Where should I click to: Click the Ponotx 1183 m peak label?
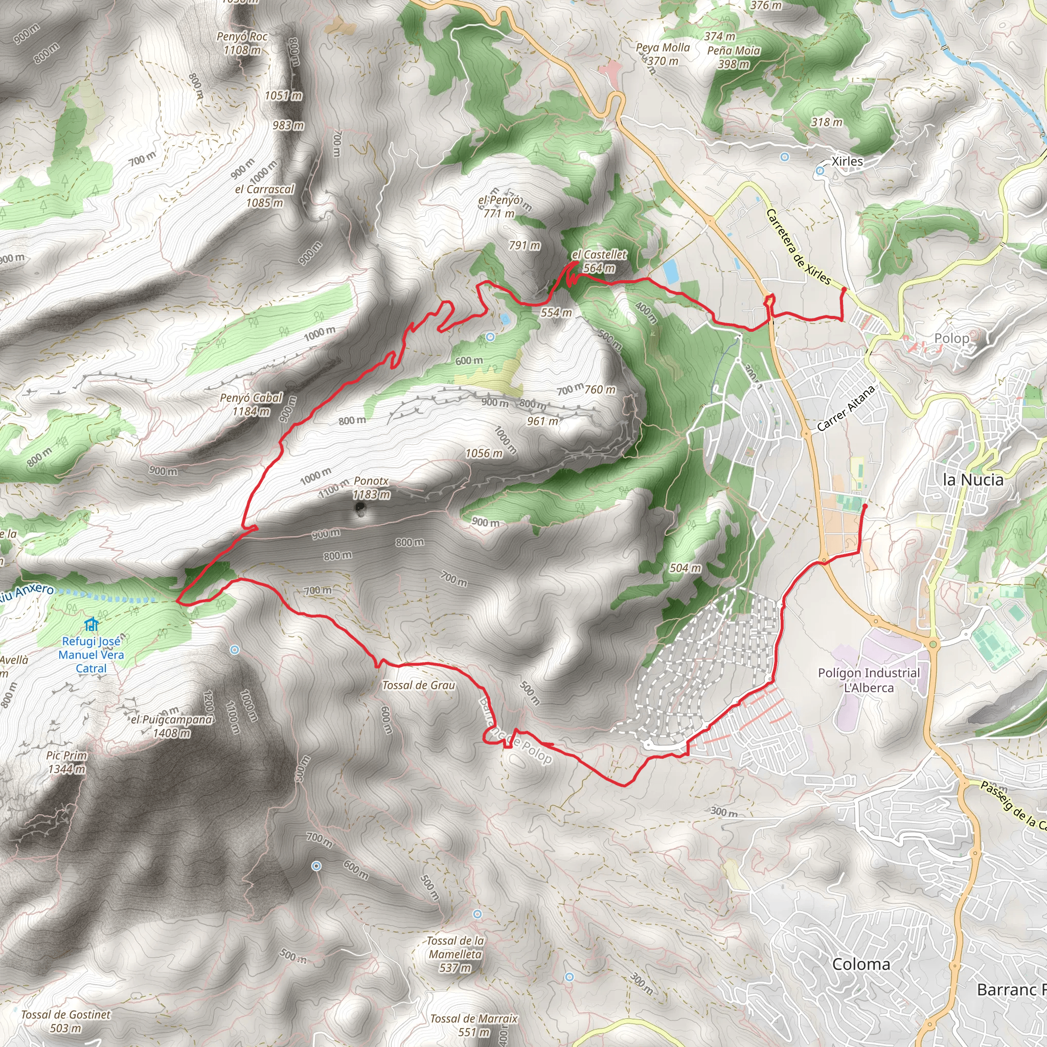pyautogui.click(x=371, y=488)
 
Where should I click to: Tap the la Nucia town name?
pyautogui.click(x=973, y=480)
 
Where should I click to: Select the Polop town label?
pyautogui.click(x=951, y=338)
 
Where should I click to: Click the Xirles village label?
pyautogui.click(x=847, y=162)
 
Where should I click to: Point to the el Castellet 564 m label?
pyautogui.click(x=599, y=261)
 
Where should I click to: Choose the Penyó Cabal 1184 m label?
pyautogui.click(x=251, y=404)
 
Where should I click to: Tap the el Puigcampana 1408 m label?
pyautogui.click(x=172, y=726)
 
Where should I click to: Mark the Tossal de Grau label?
pyautogui.click(x=418, y=686)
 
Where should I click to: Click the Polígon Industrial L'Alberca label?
pyautogui.click(x=869, y=680)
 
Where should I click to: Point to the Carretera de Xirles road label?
pyautogui.click(x=798, y=247)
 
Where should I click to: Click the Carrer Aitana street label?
pyautogui.click(x=846, y=408)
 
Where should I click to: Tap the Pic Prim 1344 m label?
pyautogui.click(x=66, y=762)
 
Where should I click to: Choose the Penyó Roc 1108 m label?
pyautogui.click(x=242, y=43)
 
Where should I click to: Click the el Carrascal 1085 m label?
pyautogui.click(x=264, y=196)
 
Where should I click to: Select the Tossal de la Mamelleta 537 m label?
pyautogui.click(x=455, y=954)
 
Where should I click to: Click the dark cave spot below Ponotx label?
pyautogui.click(x=359, y=508)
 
